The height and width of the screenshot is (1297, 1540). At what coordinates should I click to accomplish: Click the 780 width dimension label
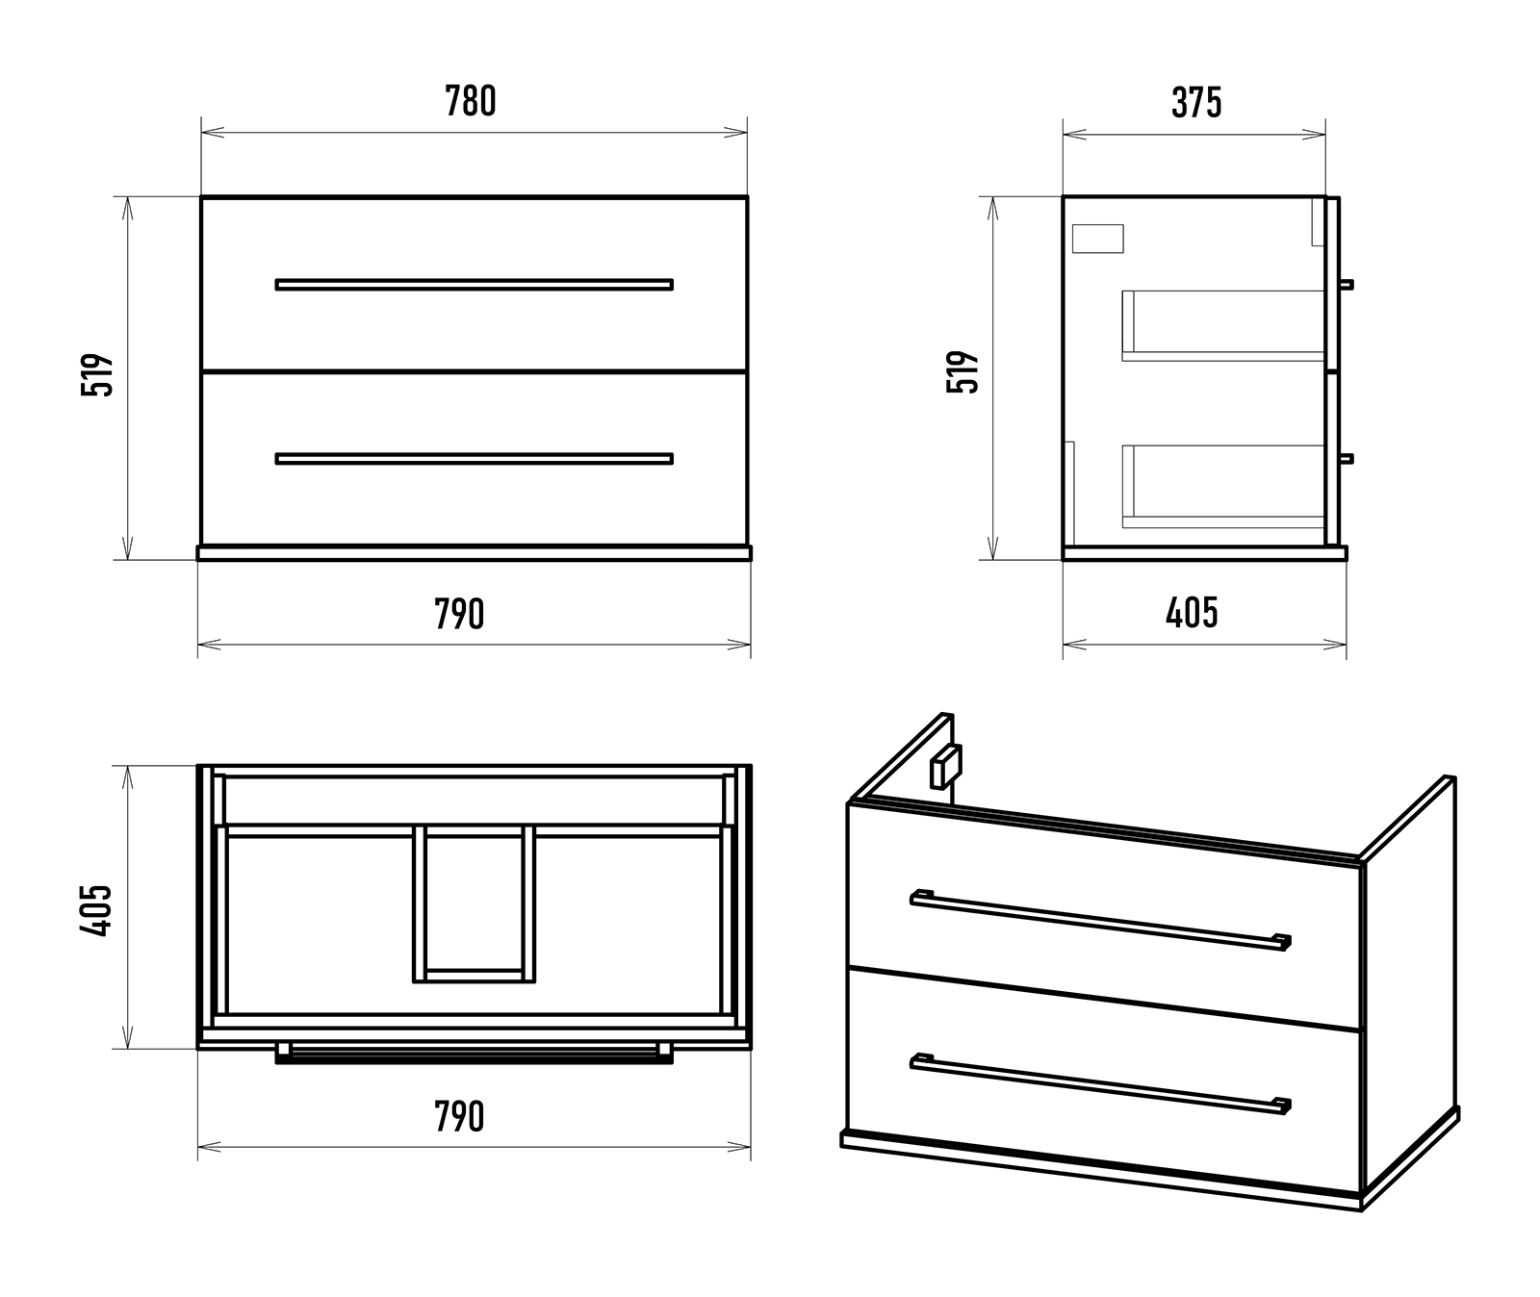pyautogui.click(x=471, y=101)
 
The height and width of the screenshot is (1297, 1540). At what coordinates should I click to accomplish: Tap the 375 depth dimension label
pyautogui.click(x=1196, y=103)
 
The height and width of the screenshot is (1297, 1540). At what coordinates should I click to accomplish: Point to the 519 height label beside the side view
pyautogui.click(x=963, y=371)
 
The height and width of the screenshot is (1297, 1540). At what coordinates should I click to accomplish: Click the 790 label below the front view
pyautogui.click(x=459, y=614)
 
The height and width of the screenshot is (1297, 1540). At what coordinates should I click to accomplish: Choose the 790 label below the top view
pyautogui.click(x=459, y=1117)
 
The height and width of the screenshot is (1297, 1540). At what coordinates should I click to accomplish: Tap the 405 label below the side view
pyautogui.click(x=1192, y=613)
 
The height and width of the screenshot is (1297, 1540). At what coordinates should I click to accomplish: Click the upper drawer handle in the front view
pyautogui.click(x=475, y=285)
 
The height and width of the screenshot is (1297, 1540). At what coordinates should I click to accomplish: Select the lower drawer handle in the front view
pyautogui.click(x=475, y=459)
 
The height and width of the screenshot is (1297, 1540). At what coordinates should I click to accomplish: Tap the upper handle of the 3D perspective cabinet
pyautogui.click(x=1100, y=919)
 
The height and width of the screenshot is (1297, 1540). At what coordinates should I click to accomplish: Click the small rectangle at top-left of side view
pyautogui.click(x=1097, y=239)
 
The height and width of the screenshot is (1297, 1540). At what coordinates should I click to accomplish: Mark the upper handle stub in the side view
pyautogui.click(x=1347, y=285)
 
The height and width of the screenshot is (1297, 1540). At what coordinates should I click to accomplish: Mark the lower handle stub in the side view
pyautogui.click(x=1347, y=459)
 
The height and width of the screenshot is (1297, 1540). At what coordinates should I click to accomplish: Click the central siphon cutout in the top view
pyautogui.click(x=474, y=903)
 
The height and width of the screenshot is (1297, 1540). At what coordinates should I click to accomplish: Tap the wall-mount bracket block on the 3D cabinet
pyautogui.click(x=946, y=766)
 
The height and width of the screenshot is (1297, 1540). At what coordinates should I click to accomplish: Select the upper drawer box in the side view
pyautogui.click(x=1223, y=325)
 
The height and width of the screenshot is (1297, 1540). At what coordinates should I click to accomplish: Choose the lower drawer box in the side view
pyautogui.click(x=1223, y=487)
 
